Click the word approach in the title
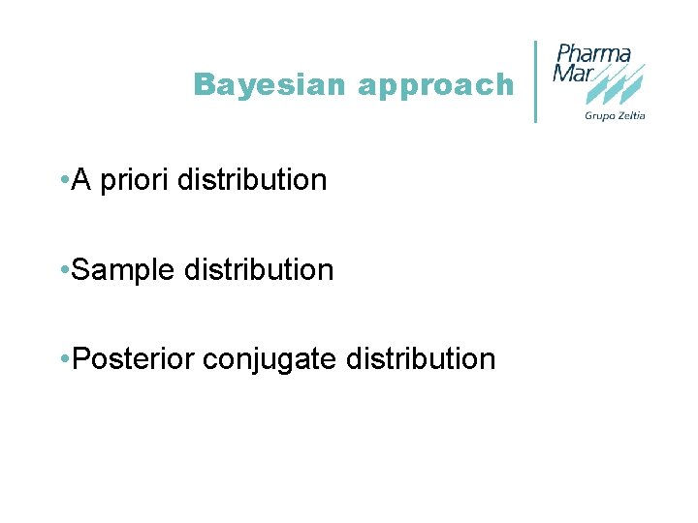coord(436,86)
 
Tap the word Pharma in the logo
coord(593,53)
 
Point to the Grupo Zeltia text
coord(615,116)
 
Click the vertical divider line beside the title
coord(536,81)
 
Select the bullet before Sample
coord(63,270)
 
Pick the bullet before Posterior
coord(63,359)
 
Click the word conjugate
coord(264,360)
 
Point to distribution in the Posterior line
coord(417,359)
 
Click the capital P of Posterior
coord(81,359)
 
